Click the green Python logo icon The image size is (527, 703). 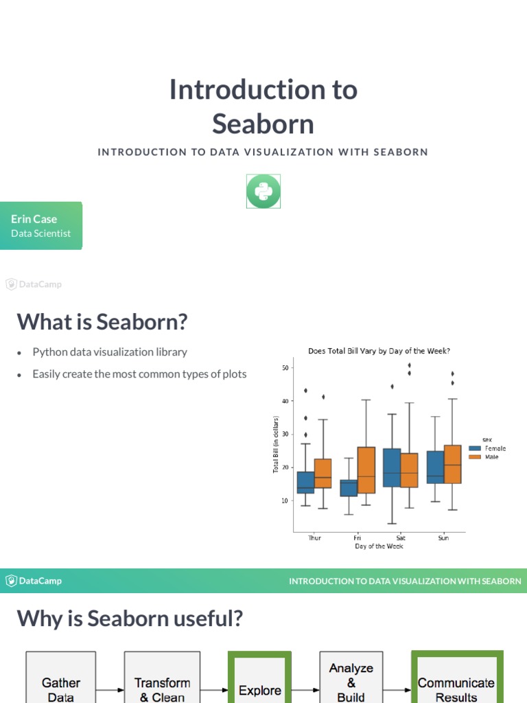point(263,191)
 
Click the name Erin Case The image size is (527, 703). point(34,219)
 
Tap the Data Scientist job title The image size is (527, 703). point(40,233)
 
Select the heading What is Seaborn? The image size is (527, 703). point(102,321)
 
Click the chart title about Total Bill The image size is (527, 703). point(379,351)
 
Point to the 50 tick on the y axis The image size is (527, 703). point(285,368)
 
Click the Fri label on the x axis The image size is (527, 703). point(358,538)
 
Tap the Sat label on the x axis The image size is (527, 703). point(401,538)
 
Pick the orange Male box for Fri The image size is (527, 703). point(366,470)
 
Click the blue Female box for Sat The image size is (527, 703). point(392,468)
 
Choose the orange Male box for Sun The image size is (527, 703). point(452,464)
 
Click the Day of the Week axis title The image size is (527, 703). point(379,546)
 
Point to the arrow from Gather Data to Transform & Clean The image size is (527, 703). point(109,690)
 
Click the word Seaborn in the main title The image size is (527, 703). point(263,124)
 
